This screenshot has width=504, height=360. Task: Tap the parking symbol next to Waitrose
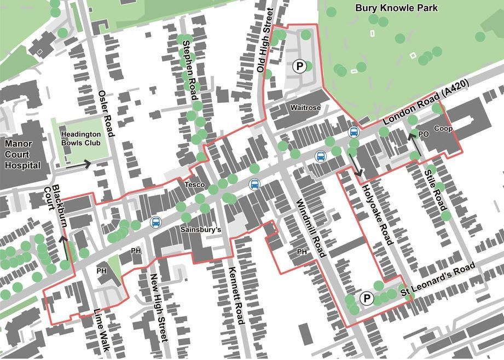click(x=299, y=66)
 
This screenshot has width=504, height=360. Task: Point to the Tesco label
click(x=194, y=185)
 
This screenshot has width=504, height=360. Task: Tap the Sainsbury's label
click(x=200, y=230)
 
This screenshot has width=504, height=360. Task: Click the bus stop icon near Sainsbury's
click(x=156, y=222)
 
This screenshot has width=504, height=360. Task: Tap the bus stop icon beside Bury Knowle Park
click(x=354, y=132)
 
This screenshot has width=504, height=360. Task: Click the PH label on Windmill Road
click(x=301, y=252)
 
